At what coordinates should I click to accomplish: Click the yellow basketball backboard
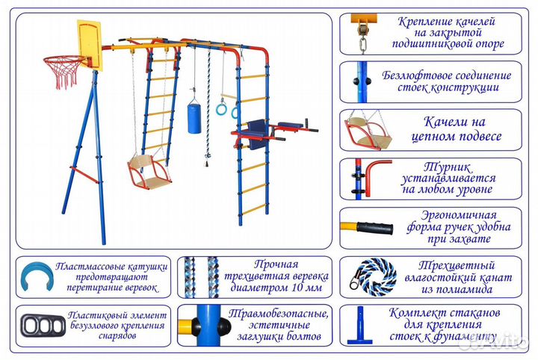click(84, 43)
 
